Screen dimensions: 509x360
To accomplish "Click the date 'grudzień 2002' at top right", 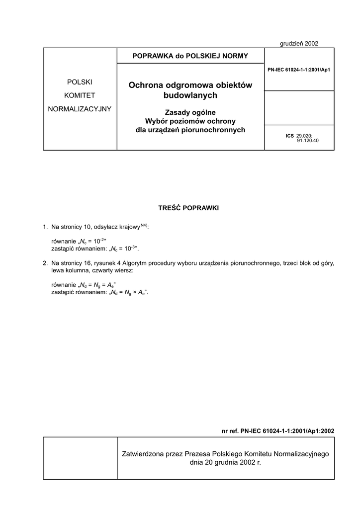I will click(299, 43).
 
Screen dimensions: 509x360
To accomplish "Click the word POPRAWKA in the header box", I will click(152, 56).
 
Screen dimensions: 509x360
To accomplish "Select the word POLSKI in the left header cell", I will click(80, 82).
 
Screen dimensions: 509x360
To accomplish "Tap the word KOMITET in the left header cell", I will click(80, 95).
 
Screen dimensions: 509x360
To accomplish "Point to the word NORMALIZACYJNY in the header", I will click(80, 108).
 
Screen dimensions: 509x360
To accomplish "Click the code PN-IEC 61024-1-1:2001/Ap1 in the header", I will click(299, 70).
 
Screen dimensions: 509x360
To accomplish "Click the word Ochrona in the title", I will click(145, 85).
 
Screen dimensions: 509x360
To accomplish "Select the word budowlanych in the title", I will click(190, 95).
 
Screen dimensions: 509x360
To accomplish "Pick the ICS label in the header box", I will click(290, 135).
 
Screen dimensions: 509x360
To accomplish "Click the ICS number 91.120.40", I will click(308, 141).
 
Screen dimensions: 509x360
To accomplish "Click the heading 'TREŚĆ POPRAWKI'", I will click(188, 208).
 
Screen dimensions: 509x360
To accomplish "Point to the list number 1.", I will click(45, 227).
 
